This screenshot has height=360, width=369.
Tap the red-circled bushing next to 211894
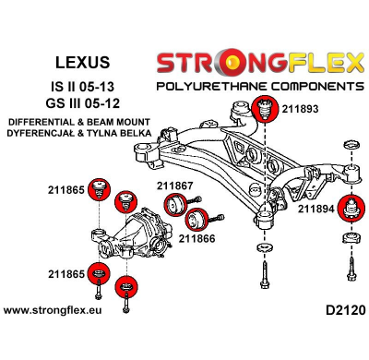(351, 209)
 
